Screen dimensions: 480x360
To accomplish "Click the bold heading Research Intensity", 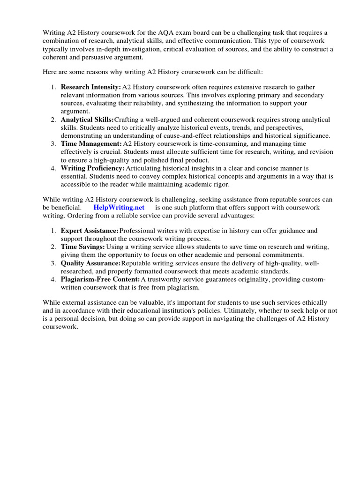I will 90,87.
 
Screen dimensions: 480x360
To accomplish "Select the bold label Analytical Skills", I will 87,120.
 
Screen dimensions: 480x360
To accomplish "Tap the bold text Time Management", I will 91,143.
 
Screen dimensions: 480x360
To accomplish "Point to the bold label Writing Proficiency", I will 93,168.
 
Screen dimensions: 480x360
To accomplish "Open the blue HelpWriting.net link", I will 119,207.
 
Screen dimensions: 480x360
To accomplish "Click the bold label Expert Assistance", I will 90,231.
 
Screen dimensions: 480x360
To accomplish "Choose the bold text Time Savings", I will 82,247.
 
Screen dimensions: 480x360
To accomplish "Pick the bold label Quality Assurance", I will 90,263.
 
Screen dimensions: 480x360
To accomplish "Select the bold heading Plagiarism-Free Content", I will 100,279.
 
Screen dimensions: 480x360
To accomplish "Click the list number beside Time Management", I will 53,143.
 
